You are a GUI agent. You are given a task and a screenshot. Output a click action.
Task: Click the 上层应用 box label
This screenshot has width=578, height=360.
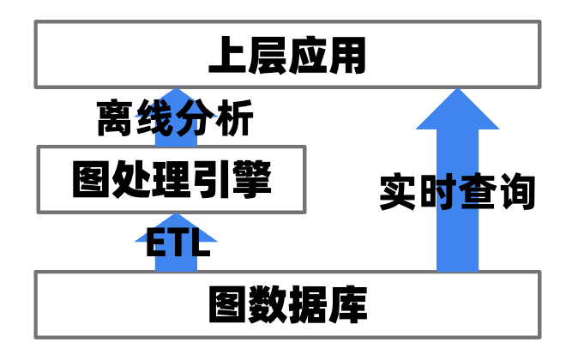[x=287, y=56]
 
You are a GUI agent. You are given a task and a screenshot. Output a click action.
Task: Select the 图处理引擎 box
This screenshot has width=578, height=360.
[x=172, y=180]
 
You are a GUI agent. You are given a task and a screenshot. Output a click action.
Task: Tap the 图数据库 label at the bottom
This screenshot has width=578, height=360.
[x=287, y=304]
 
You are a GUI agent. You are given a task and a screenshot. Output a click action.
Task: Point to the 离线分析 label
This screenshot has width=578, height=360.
[x=175, y=120]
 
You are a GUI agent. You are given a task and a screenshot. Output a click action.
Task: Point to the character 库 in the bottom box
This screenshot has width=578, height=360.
[x=348, y=304]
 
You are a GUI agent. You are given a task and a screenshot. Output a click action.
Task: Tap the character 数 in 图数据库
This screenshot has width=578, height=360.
[x=268, y=304]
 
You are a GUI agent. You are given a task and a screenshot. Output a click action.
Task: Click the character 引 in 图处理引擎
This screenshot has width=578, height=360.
[x=212, y=180]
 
